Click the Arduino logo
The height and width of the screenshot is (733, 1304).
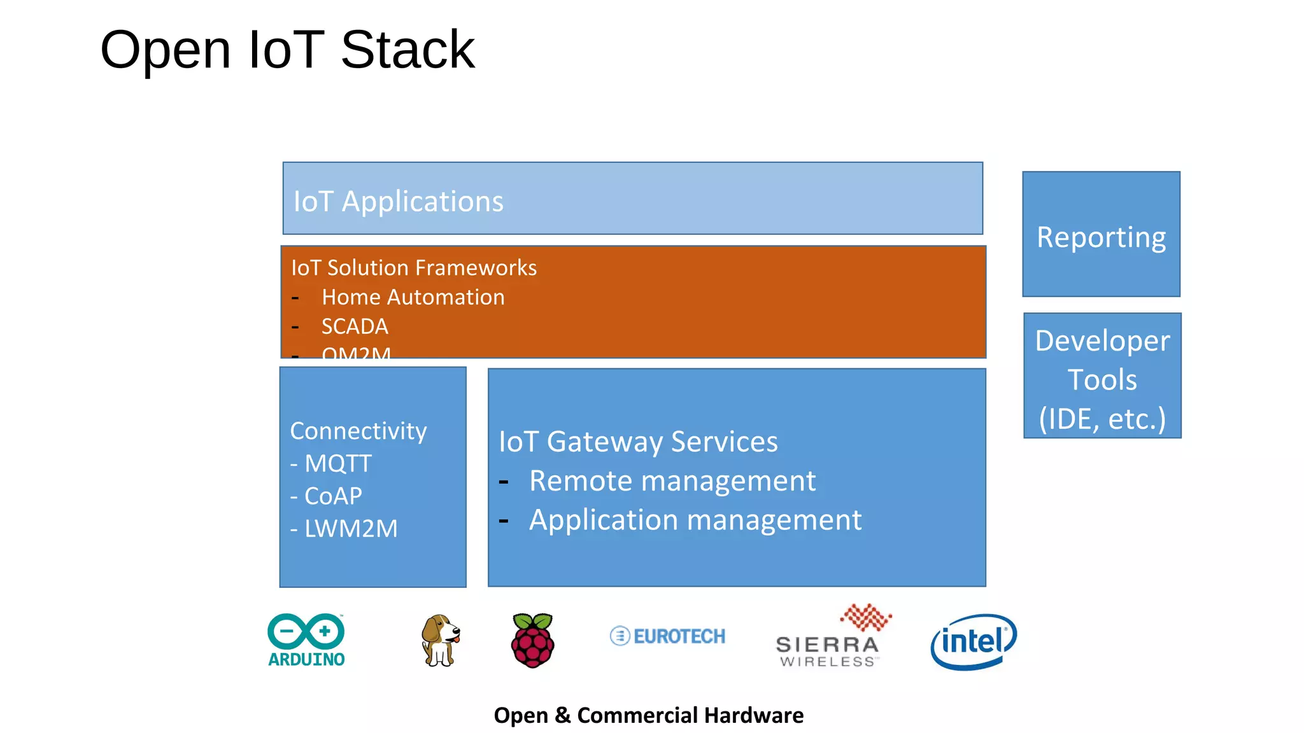306,639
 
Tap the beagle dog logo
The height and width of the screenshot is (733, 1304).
440,640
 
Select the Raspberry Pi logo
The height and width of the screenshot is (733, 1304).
533,640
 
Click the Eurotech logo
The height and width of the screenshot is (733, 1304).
667,636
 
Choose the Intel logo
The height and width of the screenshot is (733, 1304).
974,641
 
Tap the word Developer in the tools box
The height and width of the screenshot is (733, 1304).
1102,341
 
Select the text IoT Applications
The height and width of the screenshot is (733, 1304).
399,202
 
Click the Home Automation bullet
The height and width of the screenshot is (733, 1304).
413,297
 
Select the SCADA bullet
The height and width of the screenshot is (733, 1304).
355,326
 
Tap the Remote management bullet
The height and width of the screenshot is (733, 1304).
672,481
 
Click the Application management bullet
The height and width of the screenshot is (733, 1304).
695,520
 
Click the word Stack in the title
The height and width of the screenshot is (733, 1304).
407,50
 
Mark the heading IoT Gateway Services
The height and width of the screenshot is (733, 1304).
638,442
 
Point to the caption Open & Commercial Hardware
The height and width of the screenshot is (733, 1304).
648,715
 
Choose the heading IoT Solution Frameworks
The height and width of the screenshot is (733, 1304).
414,268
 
